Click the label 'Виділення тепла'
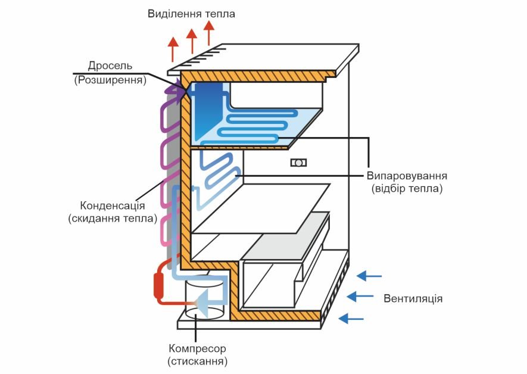click(191, 13)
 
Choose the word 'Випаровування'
click(407, 176)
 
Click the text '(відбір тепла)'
click(407, 189)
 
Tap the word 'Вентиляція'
click(413, 298)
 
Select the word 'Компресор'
click(197, 348)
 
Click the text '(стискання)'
click(197, 361)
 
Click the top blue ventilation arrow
click(369, 275)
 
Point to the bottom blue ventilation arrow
click(351, 319)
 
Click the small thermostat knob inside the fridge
click(298, 163)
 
